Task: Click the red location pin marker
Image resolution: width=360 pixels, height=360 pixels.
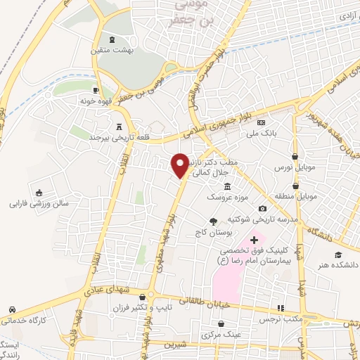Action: (181, 164)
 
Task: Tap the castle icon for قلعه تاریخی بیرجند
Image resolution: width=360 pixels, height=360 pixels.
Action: (118, 125)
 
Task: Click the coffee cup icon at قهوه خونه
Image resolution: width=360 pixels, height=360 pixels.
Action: (96, 90)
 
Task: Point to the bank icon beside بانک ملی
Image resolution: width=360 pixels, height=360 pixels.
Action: (261, 123)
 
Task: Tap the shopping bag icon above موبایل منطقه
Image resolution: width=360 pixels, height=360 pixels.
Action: (296, 185)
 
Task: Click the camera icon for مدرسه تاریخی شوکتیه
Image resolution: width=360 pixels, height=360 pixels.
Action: (263, 208)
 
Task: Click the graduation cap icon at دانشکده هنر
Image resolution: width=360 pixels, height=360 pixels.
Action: (338, 253)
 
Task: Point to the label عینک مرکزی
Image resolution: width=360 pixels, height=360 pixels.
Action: (222, 335)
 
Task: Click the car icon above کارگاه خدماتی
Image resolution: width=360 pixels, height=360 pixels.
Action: (12, 309)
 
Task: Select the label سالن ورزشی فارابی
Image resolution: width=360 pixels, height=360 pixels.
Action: (37, 205)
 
